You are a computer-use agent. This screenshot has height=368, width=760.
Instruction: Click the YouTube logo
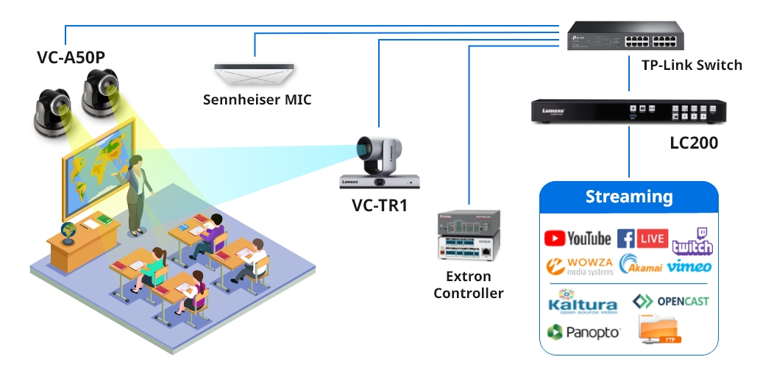tap(578, 238)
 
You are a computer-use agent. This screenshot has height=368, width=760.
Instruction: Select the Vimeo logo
tap(689, 266)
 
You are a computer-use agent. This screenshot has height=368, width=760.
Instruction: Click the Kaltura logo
tap(583, 303)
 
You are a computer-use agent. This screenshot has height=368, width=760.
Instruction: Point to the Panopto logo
tap(583, 332)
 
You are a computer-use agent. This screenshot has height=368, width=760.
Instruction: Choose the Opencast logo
tap(670, 301)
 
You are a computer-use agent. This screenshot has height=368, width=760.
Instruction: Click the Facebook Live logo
tap(642, 238)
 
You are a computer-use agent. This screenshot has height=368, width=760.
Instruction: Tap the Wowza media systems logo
tap(579, 266)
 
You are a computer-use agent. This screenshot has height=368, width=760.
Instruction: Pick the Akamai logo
tap(641, 265)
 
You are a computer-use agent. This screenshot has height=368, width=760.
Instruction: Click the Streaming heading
tap(629, 197)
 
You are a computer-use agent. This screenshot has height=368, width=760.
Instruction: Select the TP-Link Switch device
tap(623, 35)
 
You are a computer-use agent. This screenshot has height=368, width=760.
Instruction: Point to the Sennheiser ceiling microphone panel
tap(255, 74)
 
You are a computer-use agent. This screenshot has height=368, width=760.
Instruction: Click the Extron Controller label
tap(469, 286)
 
